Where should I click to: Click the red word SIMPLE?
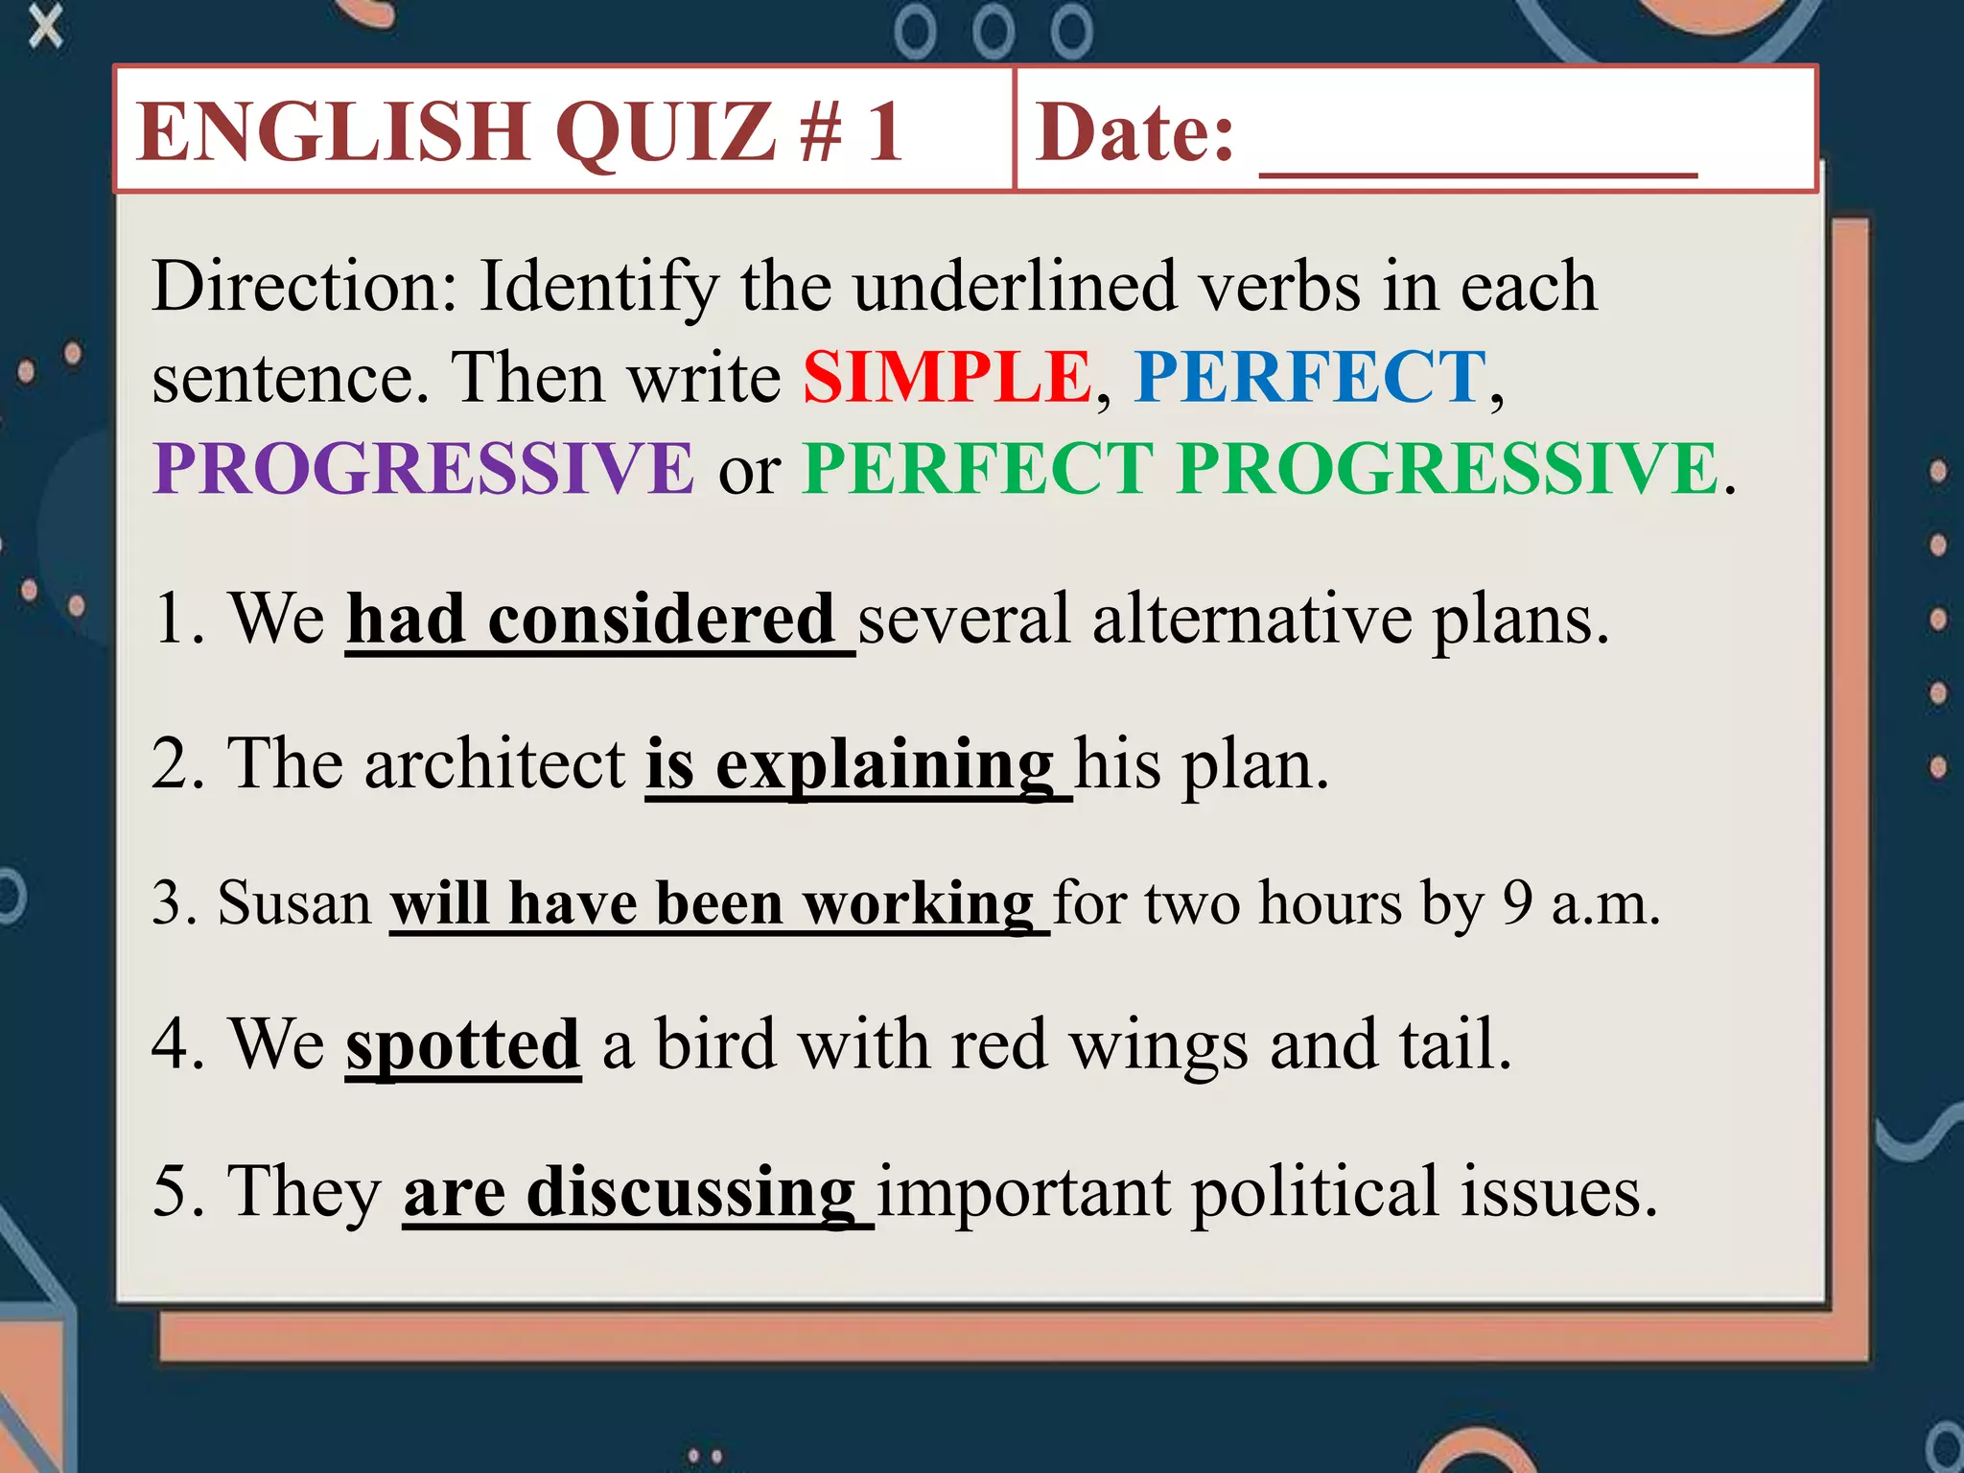coord(947,377)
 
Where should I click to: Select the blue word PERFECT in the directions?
coord(1310,377)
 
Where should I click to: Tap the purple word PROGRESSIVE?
coord(423,468)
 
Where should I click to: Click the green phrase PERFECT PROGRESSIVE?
coord(1260,468)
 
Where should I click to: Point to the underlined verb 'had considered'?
coord(590,619)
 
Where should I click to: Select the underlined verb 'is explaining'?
coord(850,764)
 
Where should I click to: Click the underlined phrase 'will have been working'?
coord(713,903)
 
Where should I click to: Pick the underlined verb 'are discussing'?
coord(629,1192)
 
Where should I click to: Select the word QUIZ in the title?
coord(666,131)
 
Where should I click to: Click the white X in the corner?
coord(45,26)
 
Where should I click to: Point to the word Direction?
coord(305,286)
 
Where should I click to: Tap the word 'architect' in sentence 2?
coord(495,764)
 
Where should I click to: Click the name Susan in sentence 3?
coord(294,903)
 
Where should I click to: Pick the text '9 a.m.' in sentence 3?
coord(1580,903)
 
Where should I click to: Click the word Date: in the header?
coord(1135,131)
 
